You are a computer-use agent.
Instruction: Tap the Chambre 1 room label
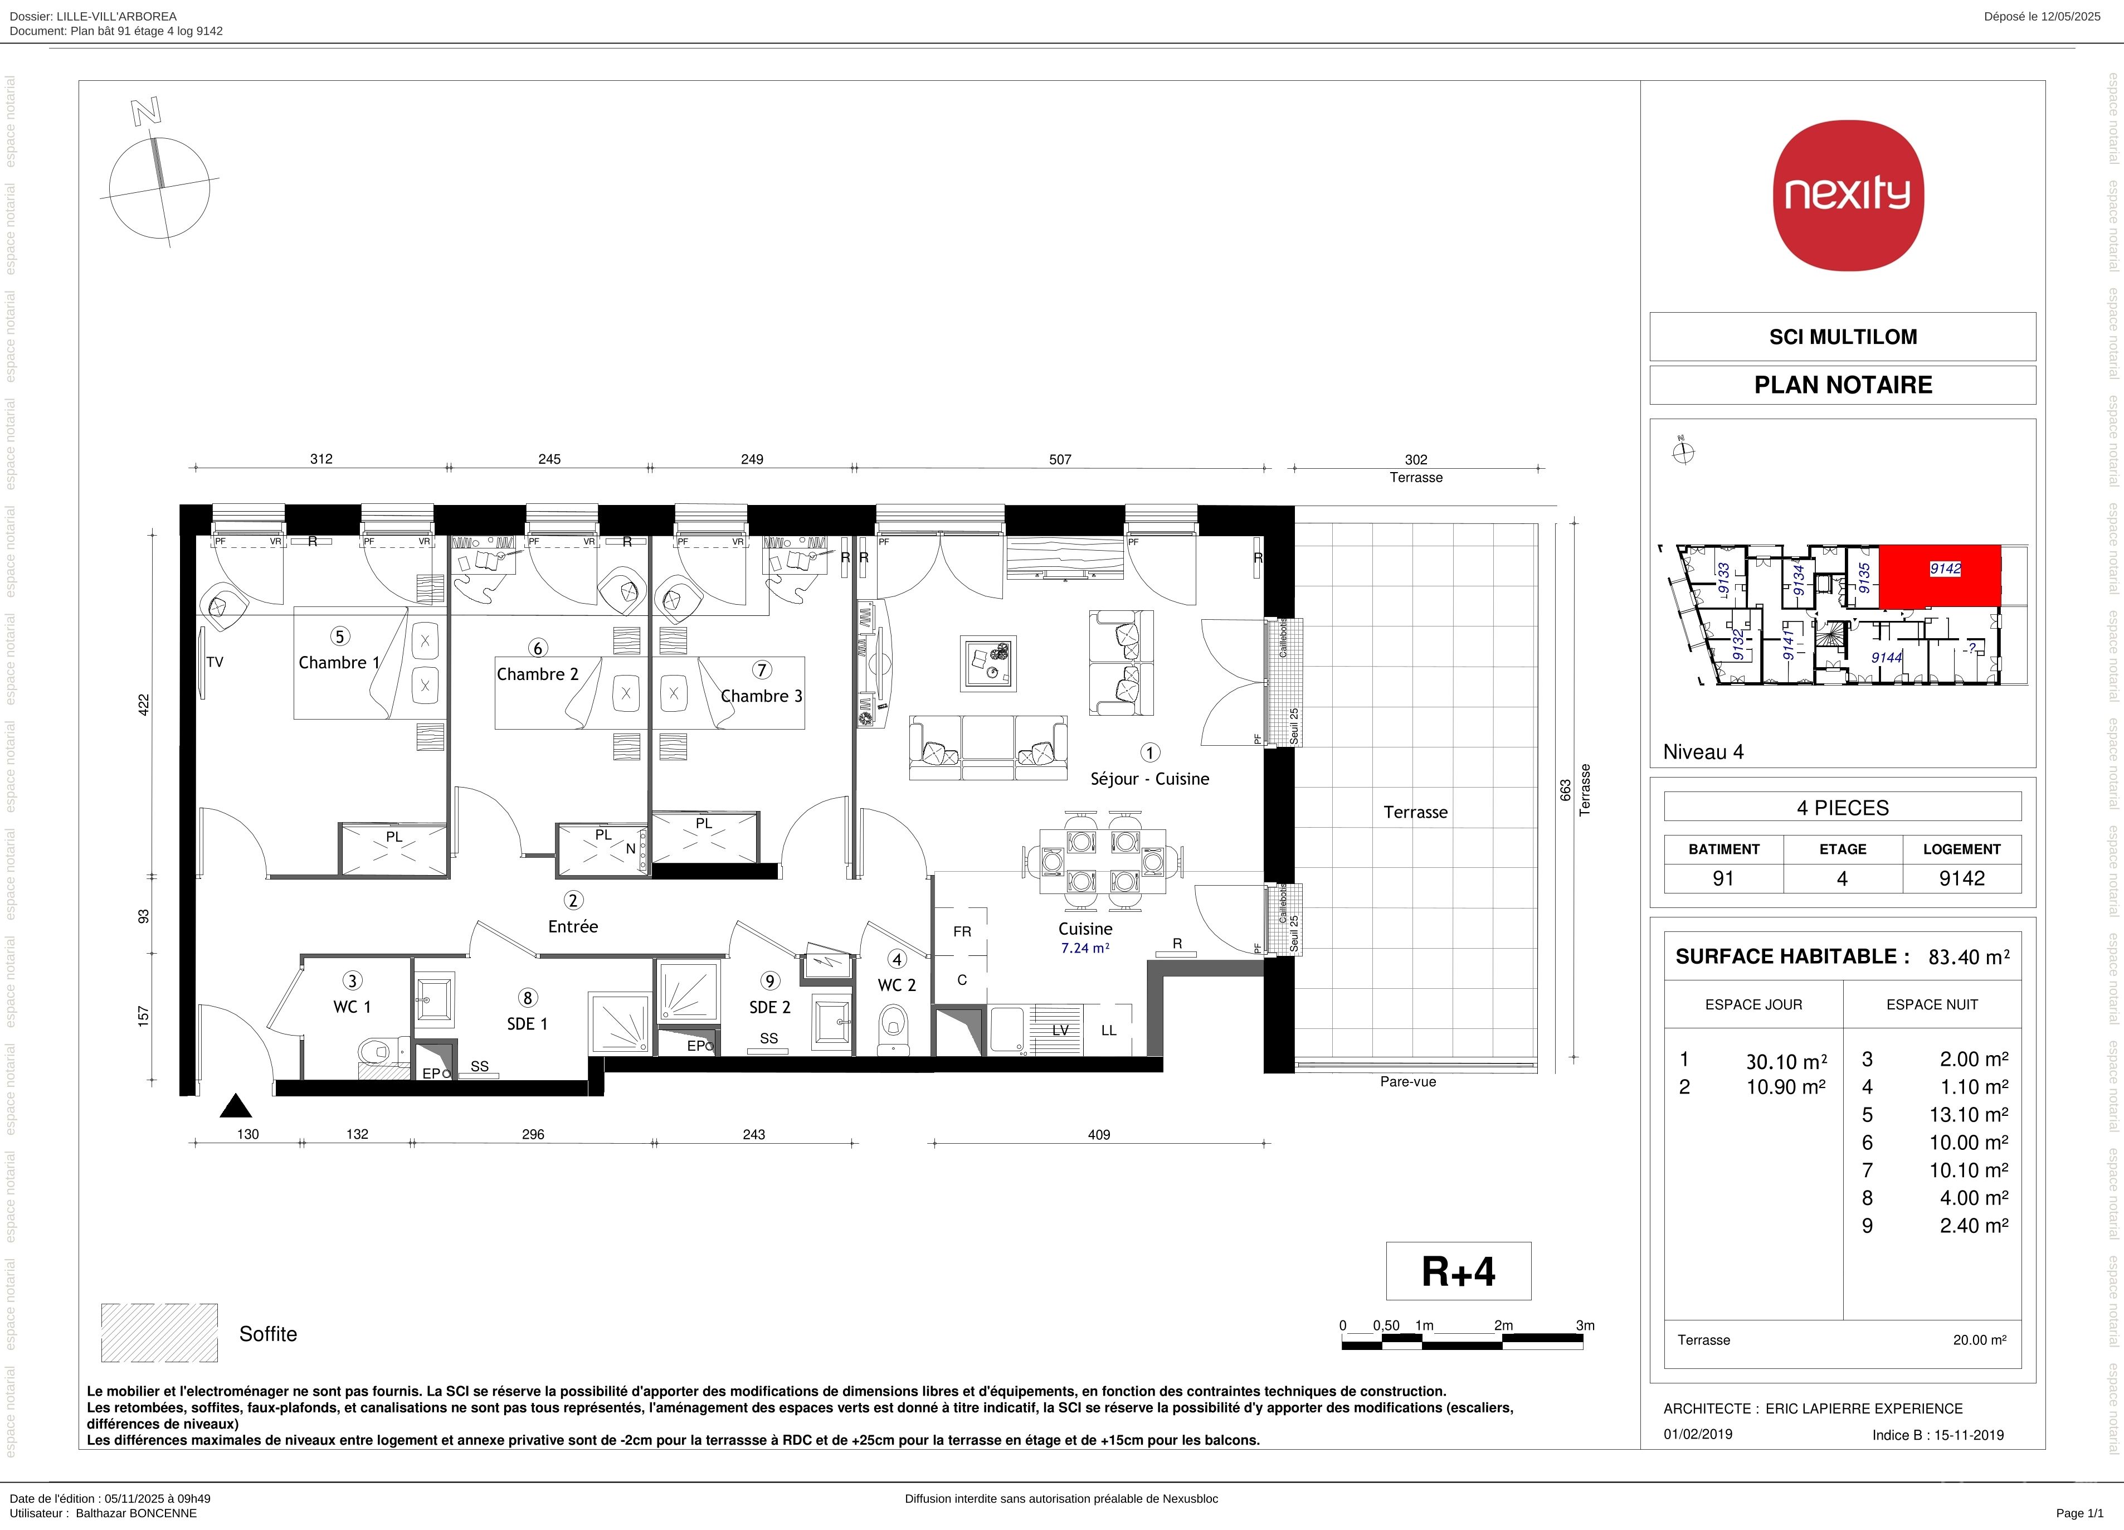click(x=339, y=662)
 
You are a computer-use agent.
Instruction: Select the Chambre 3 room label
click(x=761, y=696)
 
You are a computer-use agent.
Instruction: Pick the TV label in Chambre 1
click(x=215, y=662)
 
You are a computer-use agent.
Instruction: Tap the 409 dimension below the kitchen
click(x=1099, y=1135)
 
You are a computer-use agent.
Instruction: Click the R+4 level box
click(x=1458, y=1271)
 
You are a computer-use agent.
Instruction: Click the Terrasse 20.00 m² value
click(x=1980, y=1340)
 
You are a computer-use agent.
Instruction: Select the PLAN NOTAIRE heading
click(x=1843, y=385)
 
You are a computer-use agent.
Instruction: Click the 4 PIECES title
click(x=1843, y=808)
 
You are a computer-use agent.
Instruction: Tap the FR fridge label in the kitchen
click(x=962, y=931)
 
